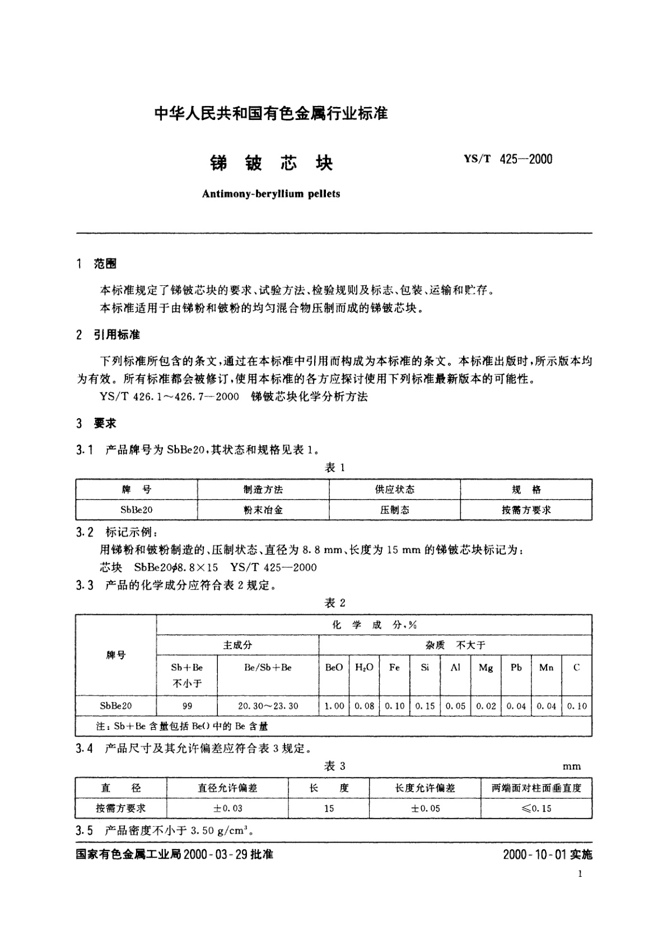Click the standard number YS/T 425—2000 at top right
pyautogui.click(x=508, y=159)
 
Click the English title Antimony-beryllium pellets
pyautogui.click(x=270, y=194)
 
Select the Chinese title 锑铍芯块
pyautogui.click(x=271, y=163)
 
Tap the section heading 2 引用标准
pyautogui.click(x=108, y=335)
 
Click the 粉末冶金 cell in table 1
pyautogui.click(x=263, y=510)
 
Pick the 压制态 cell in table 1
pyautogui.click(x=394, y=510)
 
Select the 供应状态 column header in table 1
pyautogui.click(x=394, y=489)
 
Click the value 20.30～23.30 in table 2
pyautogui.click(x=268, y=706)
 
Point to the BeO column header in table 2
pyautogui.click(x=334, y=667)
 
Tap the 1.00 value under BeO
pyautogui.click(x=334, y=706)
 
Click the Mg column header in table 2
pyautogui.click(x=486, y=667)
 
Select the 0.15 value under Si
pyautogui.click(x=425, y=706)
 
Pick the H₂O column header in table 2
pyautogui.click(x=364, y=667)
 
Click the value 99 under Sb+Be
pyautogui.click(x=187, y=706)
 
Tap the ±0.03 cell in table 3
pyautogui.click(x=227, y=808)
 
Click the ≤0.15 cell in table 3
pyautogui.click(x=536, y=808)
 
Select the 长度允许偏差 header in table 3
pyautogui.click(x=425, y=788)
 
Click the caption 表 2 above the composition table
pyautogui.click(x=335, y=603)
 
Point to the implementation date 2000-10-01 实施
pyautogui.click(x=547, y=854)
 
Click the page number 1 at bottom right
pyautogui.click(x=580, y=873)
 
